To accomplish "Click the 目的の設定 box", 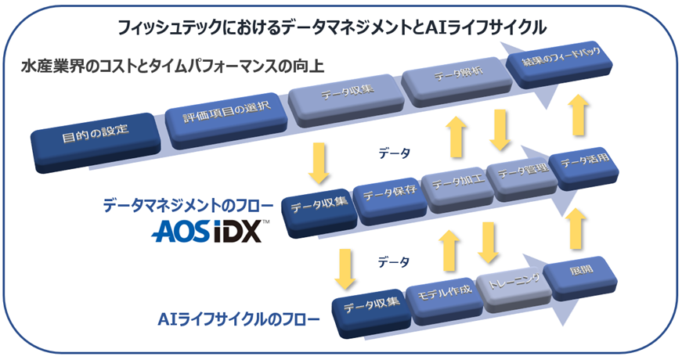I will click(x=96, y=139).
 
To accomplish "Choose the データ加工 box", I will click(x=454, y=185).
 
